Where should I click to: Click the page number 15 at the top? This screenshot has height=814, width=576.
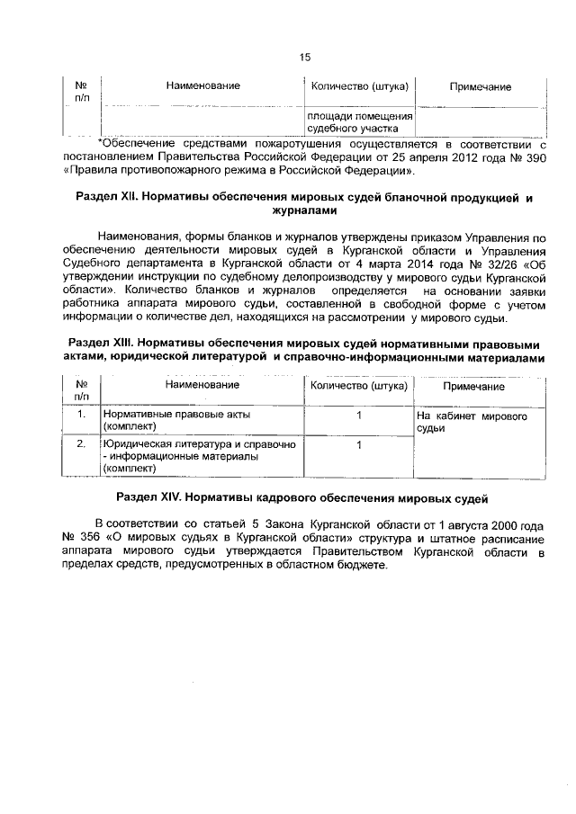tap(304, 57)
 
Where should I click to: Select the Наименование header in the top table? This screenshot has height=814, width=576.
tap(202, 85)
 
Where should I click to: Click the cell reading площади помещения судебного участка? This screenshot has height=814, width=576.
tap(360, 122)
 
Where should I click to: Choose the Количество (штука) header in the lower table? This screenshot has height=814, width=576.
tap(359, 386)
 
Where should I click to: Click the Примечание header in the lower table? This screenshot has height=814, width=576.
tap(473, 387)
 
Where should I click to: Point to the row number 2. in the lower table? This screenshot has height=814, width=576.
tap(81, 443)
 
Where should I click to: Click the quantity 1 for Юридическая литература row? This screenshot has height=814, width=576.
tap(359, 443)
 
